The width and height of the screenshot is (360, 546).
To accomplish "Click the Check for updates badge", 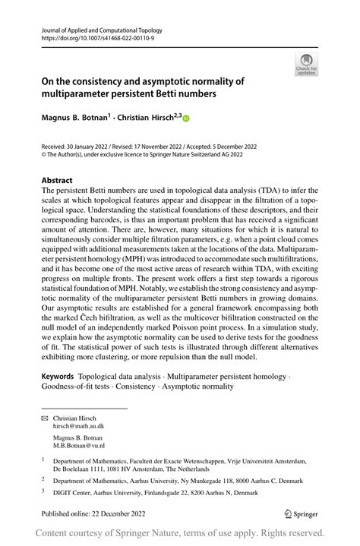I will (307, 64).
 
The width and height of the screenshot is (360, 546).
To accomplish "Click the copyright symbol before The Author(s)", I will (45, 153).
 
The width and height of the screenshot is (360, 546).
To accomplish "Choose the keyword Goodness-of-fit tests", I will (78, 387).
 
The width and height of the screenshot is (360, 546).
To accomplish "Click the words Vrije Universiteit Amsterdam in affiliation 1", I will (255, 461).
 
